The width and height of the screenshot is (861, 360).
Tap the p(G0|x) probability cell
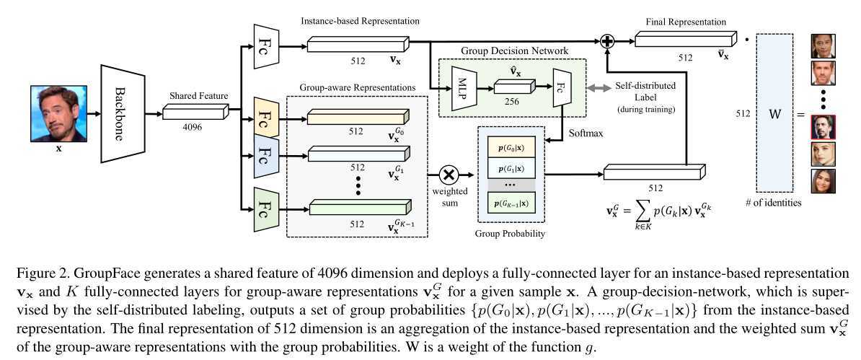pyautogui.click(x=510, y=147)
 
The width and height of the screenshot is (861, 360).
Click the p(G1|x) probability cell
pyautogui.click(x=510, y=166)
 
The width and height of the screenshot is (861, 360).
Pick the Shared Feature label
pyautogui.click(x=198, y=96)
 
